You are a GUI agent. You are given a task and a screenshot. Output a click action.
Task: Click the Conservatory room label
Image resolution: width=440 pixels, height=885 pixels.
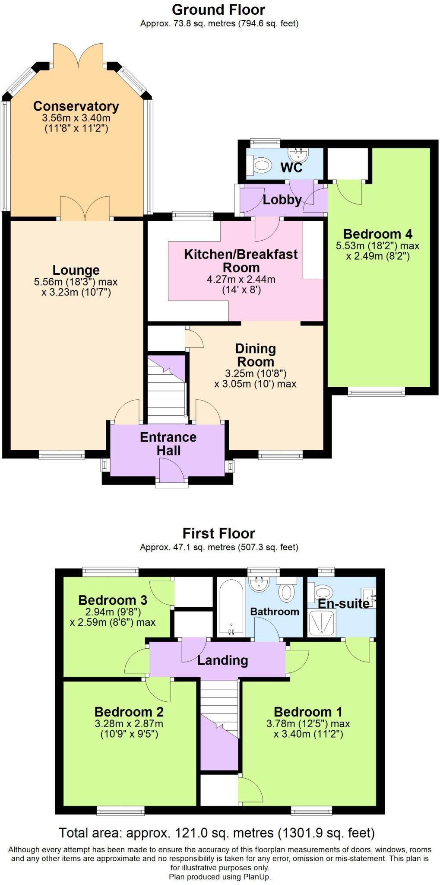(76, 106)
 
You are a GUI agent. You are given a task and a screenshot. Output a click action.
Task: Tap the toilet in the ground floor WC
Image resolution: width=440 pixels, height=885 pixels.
(259, 164)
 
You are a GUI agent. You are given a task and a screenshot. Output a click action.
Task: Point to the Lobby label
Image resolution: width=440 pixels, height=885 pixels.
(282, 200)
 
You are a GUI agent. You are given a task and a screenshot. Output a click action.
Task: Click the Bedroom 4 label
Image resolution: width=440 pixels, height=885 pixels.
(378, 234)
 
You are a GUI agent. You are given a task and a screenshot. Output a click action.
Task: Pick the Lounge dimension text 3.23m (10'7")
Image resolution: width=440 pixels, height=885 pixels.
(76, 293)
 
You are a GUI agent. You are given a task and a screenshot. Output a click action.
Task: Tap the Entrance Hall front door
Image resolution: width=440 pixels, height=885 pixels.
(172, 471)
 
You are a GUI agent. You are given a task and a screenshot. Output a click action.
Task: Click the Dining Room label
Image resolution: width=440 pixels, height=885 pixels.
(256, 355)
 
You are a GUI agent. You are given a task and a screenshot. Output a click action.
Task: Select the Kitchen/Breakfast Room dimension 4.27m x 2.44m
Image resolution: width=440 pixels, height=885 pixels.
(241, 279)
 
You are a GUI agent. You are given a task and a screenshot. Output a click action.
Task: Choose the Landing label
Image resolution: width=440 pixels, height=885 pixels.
(222, 660)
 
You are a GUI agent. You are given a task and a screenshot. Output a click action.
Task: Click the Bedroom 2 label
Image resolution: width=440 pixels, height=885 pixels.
(129, 712)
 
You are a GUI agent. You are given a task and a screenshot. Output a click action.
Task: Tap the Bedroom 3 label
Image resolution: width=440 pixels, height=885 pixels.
(113, 600)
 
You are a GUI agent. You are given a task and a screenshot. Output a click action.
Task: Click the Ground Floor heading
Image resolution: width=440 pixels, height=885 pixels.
(218, 10)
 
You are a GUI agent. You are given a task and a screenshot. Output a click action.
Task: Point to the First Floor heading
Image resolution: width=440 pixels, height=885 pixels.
(219, 533)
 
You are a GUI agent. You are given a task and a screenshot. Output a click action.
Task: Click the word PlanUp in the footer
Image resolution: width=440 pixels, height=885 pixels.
(257, 877)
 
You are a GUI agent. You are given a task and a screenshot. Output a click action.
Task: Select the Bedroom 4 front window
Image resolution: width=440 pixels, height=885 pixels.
(377, 392)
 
